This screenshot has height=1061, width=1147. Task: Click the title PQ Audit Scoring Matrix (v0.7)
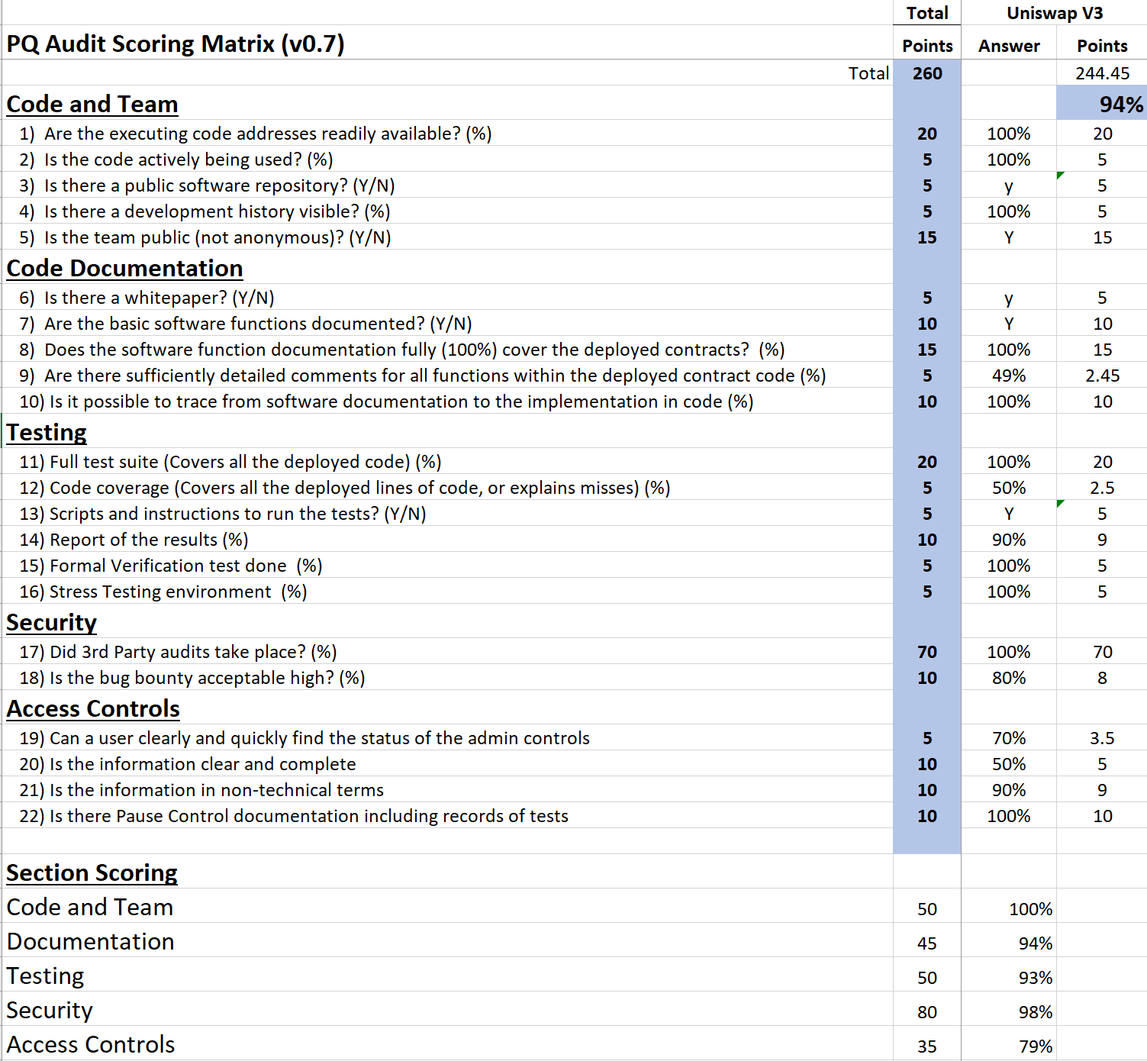[x=175, y=44]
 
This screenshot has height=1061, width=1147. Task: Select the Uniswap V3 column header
[x=1055, y=13]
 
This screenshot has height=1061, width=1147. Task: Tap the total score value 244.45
[x=1102, y=73]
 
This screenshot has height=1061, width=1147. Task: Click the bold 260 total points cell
[x=927, y=73]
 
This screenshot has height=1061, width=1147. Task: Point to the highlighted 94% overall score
[x=1121, y=104]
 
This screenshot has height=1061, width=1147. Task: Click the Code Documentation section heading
[x=124, y=269]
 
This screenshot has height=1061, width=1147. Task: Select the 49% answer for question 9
[x=1008, y=376]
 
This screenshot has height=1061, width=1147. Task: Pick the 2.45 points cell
[x=1102, y=376]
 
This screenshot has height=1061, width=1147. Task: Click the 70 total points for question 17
[x=927, y=652]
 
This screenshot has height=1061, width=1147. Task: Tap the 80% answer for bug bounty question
[x=1008, y=678]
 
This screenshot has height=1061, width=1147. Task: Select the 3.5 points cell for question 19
[x=1102, y=738]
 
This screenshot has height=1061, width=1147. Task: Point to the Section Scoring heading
[x=92, y=872]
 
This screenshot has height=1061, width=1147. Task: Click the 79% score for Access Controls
[x=1035, y=1046]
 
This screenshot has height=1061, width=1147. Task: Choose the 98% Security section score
[x=1035, y=1012]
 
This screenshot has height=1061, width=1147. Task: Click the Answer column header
[x=1008, y=46]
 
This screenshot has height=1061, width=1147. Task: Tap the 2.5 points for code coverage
[x=1102, y=488]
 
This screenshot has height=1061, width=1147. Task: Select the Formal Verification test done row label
[x=170, y=566]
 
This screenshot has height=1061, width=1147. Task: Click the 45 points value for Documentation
[x=927, y=943]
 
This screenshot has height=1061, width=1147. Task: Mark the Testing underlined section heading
[x=47, y=433]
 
